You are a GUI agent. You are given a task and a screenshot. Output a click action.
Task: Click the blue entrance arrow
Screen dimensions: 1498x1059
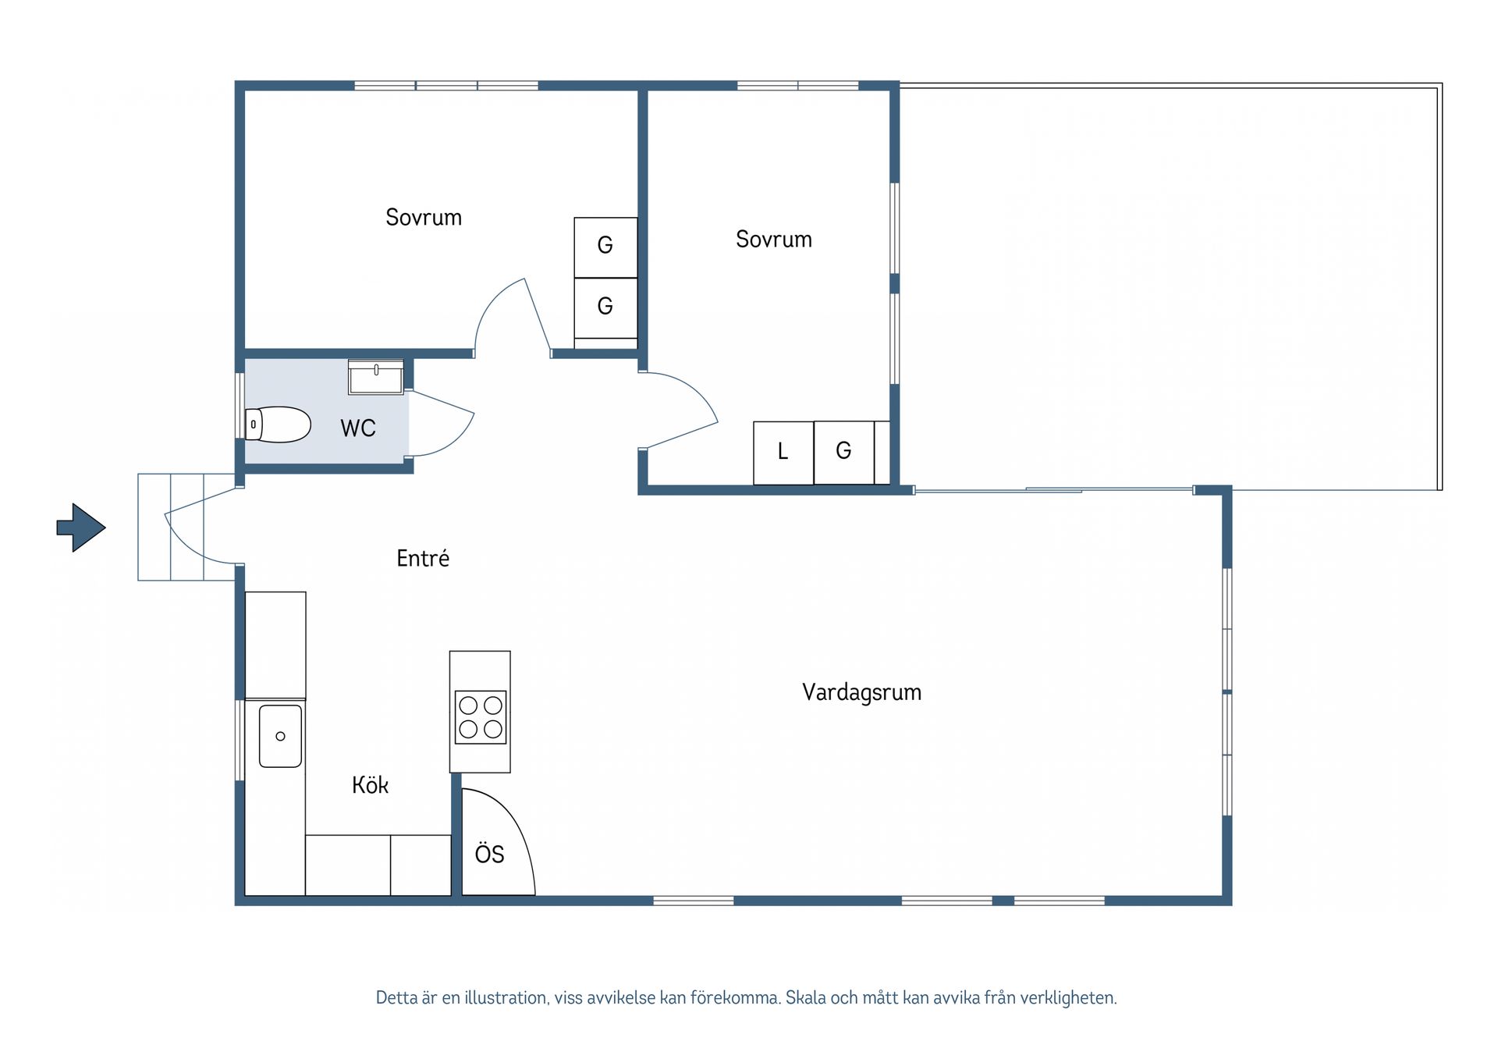pyautogui.click(x=81, y=528)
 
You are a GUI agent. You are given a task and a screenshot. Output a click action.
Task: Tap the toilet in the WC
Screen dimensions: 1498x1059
pyautogui.click(x=278, y=425)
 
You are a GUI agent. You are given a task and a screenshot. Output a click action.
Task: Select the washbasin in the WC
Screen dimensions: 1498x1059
pyautogui.click(x=376, y=378)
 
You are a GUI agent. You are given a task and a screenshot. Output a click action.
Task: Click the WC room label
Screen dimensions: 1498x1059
pyautogui.click(x=358, y=428)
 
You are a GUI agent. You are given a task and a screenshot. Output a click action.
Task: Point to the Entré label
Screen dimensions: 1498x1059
pyautogui.click(x=423, y=558)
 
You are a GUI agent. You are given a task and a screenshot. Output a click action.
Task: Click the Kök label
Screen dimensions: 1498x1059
pyautogui.click(x=370, y=784)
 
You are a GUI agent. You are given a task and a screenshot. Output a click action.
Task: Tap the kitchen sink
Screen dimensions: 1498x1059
pyautogui.click(x=280, y=736)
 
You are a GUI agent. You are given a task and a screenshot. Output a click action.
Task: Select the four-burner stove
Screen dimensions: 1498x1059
pyautogui.click(x=481, y=716)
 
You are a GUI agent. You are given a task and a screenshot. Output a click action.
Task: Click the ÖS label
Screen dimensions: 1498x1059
pyautogui.click(x=489, y=854)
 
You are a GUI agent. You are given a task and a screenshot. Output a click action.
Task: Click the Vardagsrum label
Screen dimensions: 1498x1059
pyautogui.click(x=862, y=692)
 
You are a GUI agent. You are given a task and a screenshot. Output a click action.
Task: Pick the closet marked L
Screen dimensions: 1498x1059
pyautogui.click(x=783, y=453)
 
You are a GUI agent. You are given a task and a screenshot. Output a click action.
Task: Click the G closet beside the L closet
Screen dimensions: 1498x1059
pyautogui.click(x=844, y=453)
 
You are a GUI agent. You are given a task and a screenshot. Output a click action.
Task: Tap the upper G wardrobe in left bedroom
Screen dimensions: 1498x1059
pyautogui.click(x=605, y=247)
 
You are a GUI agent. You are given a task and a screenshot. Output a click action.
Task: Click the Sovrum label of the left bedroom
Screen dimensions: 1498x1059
pyautogui.click(x=424, y=217)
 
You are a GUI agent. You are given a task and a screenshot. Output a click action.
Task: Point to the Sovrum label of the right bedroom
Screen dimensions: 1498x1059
pyautogui.click(x=774, y=239)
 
